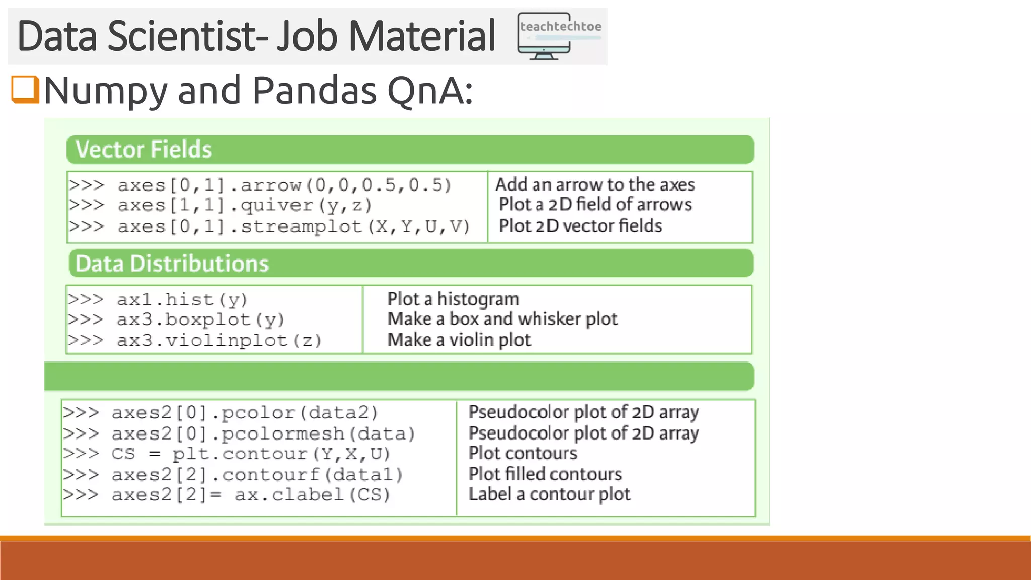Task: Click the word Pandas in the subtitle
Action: pyautogui.click(x=315, y=91)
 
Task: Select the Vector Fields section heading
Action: pyautogui.click(x=143, y=150)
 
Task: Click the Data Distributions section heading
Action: pyautogui.click(x=172, y=264)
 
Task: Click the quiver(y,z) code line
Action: pyautogui.click(x=245, y=205)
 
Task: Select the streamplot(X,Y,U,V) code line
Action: pyautogui.click(x=294, y=227)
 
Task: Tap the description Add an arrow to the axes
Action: pyautogui.click(x=595, y=185)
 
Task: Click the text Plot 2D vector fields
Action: pyautogui.click(x=580, y=226)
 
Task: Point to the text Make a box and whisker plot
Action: pyautogui.click(x=502, y=319)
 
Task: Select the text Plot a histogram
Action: pyautogui.click(x=453, y=299)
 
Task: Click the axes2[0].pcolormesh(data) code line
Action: pyautogui.click(x=263, y=433)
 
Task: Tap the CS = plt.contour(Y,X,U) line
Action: pyautogui.click(x=251, y=454)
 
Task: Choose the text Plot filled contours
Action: pyautogui.click(x=545, y=474)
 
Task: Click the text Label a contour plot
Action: pyautogui.click(x=549, y=495)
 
